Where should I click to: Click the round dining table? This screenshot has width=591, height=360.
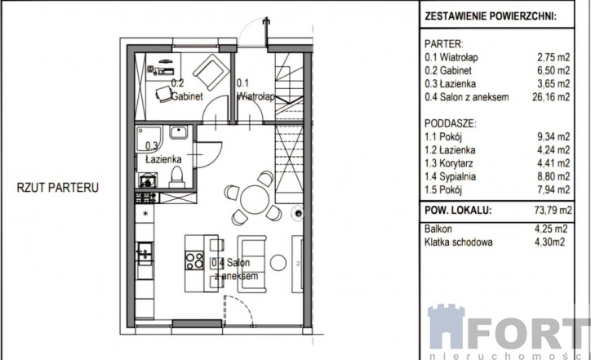pyautogui.click(x=255, y=199)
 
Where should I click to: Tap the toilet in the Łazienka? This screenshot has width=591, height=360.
pyautogui.click(x=176, y=176)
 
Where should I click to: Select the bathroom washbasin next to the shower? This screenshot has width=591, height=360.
pyautogui.click(x=178, y=132)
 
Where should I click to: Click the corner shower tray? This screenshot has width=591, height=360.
pyautogui.click(x=149, y=139)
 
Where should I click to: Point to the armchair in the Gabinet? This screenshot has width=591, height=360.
pyautogui.click(x=211, y=72)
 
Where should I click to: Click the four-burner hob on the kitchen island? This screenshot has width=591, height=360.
pyautogui.click(x=194, y=260)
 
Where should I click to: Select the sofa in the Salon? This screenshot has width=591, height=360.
pyautogui.click(x=251, y=264)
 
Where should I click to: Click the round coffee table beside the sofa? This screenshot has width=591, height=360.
pyautogui.click(x=278, y=262)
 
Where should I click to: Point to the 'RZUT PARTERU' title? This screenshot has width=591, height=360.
pyautogui.click(x=58, y=188)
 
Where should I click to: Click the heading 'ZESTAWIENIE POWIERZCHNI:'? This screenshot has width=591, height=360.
pyautogui.click(x=491, y=16)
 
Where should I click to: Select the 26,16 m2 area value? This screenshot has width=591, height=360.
pyautogui.click(x=551, y=97)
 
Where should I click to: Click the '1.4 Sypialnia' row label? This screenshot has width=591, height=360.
pyautogui.click(x=450, y=176)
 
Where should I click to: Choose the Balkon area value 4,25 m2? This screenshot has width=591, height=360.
pyautogui.click(x=551, y=229)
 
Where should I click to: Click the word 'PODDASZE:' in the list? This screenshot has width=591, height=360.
pyautogui.click(x=450, y=123)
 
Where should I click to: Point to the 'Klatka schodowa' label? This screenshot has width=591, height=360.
pyautogui.click(x=458, y=242)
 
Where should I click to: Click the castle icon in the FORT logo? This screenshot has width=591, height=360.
pyautogui.click(x=446, y=327)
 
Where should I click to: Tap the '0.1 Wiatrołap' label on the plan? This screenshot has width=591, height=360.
pyautogui.click(x=256, y=90)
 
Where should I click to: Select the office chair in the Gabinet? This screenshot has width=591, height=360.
pyautogui.click(x=163, y=94)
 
